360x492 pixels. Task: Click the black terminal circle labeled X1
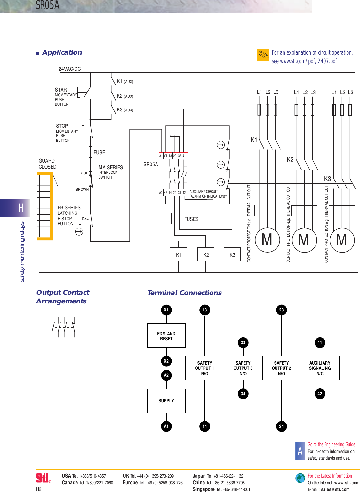[166, 310]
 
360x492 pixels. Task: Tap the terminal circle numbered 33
[243, 343]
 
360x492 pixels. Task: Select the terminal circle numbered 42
[320, 394]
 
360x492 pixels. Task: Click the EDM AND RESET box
[166, 335]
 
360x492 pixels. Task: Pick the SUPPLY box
[166, 401]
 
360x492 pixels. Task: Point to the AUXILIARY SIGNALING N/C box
[320, 368]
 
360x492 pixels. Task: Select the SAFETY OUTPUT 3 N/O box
[243, 368]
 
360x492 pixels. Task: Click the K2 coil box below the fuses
[206, 255]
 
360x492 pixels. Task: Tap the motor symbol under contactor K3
[341, 240]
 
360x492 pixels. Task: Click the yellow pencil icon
[263, 55]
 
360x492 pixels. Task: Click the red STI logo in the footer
[43, 478]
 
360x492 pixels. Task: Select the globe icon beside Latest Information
[300, 478]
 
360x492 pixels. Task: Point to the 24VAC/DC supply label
[70, 69]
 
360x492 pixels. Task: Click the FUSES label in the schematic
[191, 219]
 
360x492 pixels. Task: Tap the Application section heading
[62, 52]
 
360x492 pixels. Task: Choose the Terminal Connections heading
[184, 293]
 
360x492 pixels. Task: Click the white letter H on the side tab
[21, 208]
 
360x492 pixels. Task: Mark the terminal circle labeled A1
[166, 426]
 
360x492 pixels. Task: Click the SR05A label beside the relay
[150, 165]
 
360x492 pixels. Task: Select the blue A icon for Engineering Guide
[300, 451]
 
